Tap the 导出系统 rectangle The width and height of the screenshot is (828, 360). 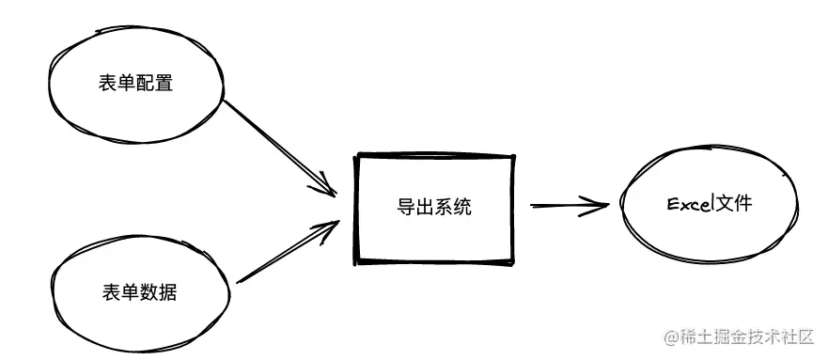433,207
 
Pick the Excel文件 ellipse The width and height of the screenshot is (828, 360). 710,204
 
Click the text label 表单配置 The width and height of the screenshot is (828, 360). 135,84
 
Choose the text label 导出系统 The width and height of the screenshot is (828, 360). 433,207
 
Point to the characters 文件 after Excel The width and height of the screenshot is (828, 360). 734,203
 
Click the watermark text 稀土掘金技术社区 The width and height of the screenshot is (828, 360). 753,336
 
